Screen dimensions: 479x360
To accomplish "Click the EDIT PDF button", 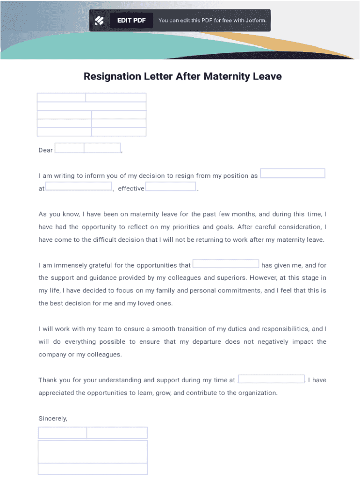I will coord(131,21).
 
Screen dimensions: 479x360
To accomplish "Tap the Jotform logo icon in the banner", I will coord(99,21).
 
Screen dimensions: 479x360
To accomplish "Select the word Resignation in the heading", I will coord(112,76).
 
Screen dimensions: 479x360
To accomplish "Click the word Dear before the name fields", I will coord(46,150).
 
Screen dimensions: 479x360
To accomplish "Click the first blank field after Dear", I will coord(70,148).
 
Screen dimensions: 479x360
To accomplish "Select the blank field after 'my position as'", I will coord(293,174).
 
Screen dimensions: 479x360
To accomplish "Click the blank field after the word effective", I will coord(171,187).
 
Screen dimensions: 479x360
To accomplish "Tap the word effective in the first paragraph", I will coord(131,189).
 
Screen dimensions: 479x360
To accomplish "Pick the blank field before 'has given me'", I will coord(226,264).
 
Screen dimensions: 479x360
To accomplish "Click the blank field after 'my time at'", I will coord(272,379).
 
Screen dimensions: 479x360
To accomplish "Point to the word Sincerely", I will coord(53,419).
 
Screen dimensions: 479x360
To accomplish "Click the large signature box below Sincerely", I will coord(93,451).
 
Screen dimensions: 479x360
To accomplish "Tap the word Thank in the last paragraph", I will coord(48,380).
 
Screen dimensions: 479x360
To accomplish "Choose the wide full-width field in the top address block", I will coord(92,106).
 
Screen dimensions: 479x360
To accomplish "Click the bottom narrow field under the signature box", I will coord(93,469).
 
